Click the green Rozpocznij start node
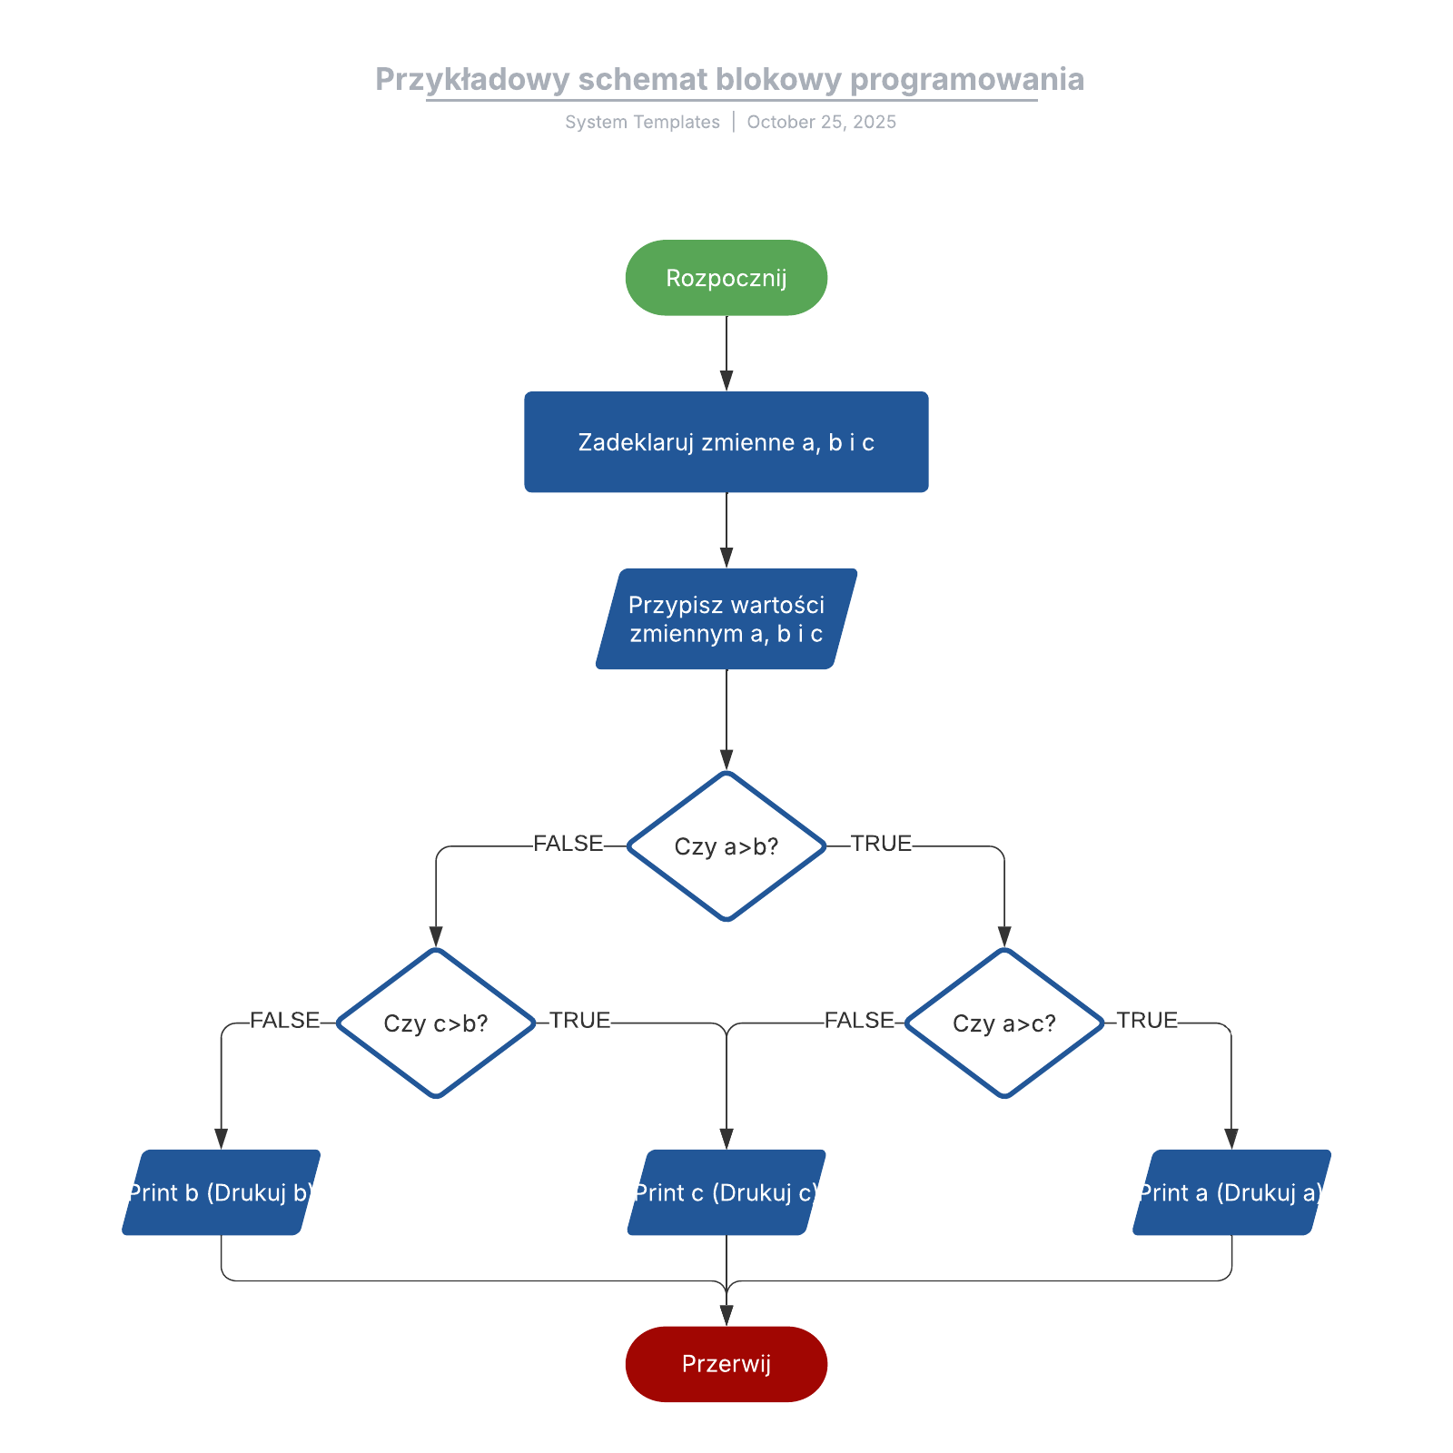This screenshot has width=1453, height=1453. click(726, 278)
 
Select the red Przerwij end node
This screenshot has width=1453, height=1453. click(726, 1364)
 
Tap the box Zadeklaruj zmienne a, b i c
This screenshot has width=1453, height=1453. click(726, 442)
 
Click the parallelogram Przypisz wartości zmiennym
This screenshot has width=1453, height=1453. click(726, 619)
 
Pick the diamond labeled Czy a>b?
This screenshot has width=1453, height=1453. click(726, 846)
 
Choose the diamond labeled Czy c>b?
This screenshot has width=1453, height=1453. click(436, 1023)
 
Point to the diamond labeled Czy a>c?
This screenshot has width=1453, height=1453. click(1004, 1023)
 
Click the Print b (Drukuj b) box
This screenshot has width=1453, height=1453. click(221, 1192)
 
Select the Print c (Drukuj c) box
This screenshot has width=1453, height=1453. click(726, 1192)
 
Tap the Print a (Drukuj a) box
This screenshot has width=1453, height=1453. click(1231, 1192)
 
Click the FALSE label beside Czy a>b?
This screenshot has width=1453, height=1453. click(568, 844)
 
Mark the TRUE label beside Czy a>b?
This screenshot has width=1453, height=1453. click(881, 844)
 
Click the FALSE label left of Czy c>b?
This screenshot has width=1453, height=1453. click(284, 1021)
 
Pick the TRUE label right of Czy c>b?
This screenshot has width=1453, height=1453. click(579, 1021)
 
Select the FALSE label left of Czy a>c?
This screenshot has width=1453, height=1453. click(859, 1021)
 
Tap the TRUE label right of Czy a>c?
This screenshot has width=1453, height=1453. click(1147, 1021)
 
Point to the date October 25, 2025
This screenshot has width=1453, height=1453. click(821, 123)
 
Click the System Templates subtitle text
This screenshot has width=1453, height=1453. click(642, 123)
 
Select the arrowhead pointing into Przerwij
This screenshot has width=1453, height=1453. click(726, 1315)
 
